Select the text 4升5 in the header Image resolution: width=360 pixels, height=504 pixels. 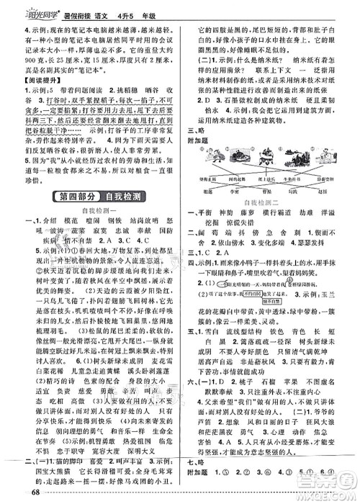[130, 9]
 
